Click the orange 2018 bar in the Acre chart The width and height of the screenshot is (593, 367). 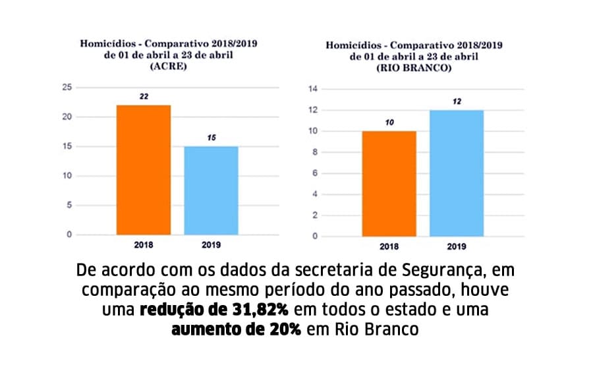pyautogui.click(x=144, y=169)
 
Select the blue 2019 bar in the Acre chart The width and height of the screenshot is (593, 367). pyautogui.click(x=211, y=190)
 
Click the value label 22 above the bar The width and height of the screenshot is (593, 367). pyautogui.click(x=144, y=96)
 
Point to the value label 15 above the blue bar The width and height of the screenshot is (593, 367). pyautogui.click(x=211, y=138)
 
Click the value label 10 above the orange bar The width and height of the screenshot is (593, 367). pyautogui.click(x=389, y=123)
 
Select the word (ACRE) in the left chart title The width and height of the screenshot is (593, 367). pyautogui.click(x=169, y=67)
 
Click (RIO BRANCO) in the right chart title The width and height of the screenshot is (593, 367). pyautogui.click(x=414, y=68)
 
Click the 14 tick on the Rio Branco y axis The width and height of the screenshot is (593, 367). pyautogui.click(x=313, y=89)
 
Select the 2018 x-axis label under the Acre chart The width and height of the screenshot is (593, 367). pyautogui.click(x=143, y=245)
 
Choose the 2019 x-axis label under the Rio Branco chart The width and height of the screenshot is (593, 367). pyautogui.click(x=456, y=247)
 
